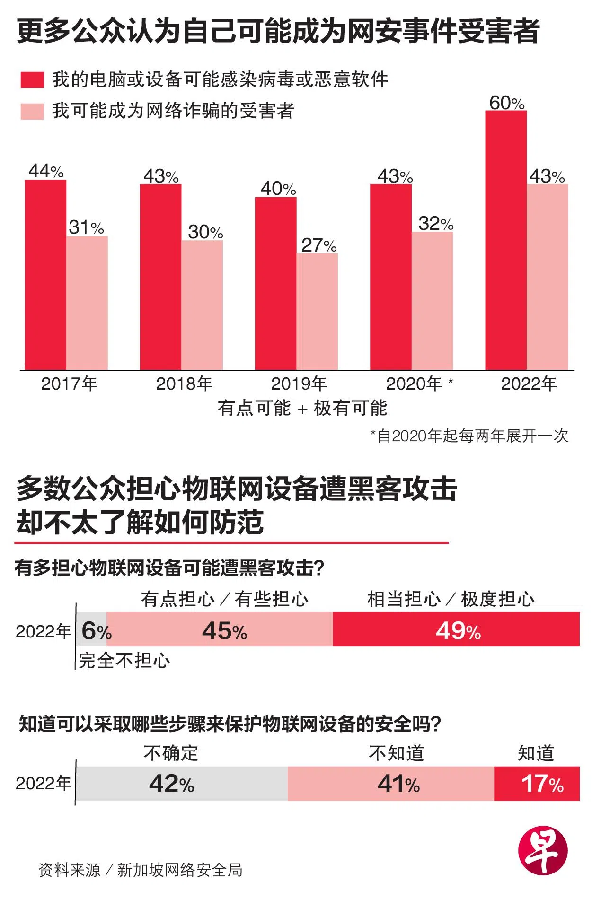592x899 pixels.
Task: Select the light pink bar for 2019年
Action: coord(317,312)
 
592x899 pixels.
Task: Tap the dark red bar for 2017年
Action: coord(45,275)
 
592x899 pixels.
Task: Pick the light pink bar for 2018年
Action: coord(202,305)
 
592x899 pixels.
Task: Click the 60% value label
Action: coord(506,103)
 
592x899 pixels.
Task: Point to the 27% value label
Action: coord(318,245)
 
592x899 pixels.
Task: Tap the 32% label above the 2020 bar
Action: coord(435,223)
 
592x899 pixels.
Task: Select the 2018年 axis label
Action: coord(184,384)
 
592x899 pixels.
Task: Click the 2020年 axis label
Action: coord(414,384)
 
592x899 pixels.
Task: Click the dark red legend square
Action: coord(32,80)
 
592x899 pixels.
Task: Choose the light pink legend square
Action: coord(32,112)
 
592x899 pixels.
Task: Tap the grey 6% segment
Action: coord(91,629)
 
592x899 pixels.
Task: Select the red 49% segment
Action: coord(456,629)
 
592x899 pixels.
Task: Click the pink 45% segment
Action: coord(220,629)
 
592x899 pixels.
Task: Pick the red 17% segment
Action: coord(537,784)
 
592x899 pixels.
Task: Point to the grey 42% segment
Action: coord(182,784)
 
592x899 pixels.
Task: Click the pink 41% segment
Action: coord(391,784)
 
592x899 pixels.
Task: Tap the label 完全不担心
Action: coord(124,661)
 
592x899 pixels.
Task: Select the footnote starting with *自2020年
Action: coord(469,436)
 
